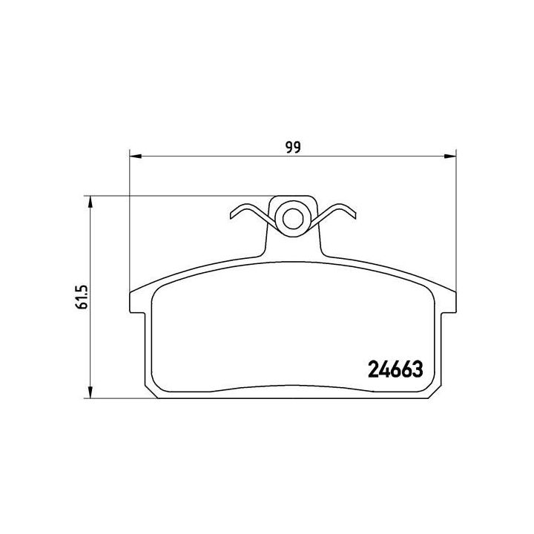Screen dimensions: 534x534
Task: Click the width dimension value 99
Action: tap(293, 146)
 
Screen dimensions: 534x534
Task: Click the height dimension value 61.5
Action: tap(82, 296)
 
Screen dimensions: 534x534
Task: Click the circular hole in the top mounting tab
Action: tap(292, 218)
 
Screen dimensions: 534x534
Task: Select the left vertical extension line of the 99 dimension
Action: tap(130, 222)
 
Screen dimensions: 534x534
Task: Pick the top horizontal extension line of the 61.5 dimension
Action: tap(178, 197)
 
